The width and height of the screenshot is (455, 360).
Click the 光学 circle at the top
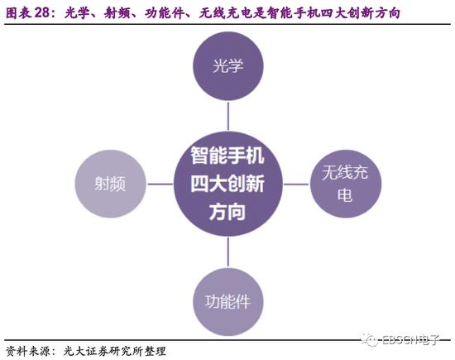[x=228, y=66]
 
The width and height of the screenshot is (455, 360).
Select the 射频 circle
[x=110, y=184]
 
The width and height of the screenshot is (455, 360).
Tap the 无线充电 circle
[x=346, y=184]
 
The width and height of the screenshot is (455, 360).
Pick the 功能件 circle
[x=228, y=302]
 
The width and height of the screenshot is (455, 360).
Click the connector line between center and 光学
[x=228, y=116]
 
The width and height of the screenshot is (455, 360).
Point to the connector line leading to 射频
[x=160, y=184]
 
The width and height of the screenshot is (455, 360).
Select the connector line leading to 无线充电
[x=296, y=184]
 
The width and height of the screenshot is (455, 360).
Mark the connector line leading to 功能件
[x=228, y=252]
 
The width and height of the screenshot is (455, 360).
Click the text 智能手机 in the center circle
[x=227, y=156]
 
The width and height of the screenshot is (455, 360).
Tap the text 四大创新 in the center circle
[x=227, y=184]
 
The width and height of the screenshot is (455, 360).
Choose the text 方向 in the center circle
[x=227, y=212]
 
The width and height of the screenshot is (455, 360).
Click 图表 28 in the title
[x=29, y=12]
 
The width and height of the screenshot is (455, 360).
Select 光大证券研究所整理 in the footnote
[x=115, y=351]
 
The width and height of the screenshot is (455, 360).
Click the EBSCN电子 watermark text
[x=410, y=340]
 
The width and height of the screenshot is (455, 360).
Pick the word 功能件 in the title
[x=164, y=13]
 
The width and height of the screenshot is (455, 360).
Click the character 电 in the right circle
[x=345, y=194]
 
